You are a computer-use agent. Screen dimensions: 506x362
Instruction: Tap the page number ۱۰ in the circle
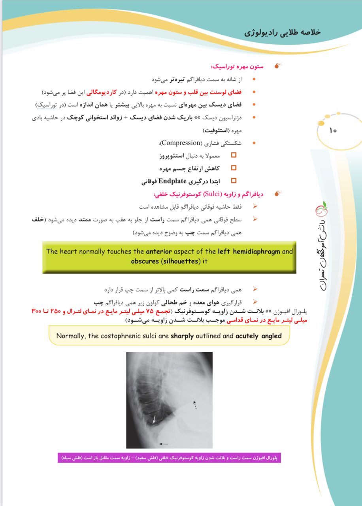[x=332, y=130]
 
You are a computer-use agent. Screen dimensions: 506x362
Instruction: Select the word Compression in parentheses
[x=179, y=143]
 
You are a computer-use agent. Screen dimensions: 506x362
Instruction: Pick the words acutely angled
[x=258, y=336]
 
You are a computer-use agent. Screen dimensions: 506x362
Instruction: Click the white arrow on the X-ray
[x=155, y=419]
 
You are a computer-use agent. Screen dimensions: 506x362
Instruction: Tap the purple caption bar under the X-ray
[x=169, y=458]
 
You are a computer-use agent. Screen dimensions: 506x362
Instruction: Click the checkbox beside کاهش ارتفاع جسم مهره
[x=234, y=168]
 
